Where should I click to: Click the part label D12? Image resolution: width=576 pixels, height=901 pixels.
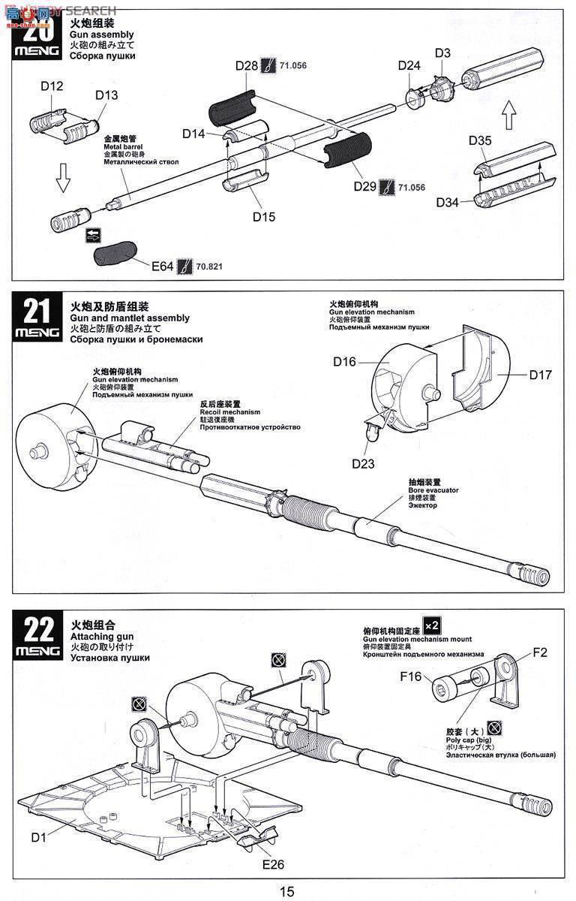52,86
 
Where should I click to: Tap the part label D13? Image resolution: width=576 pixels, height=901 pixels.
106,95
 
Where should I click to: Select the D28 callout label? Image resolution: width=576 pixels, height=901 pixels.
247,65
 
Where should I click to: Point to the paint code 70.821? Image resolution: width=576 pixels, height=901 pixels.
209,267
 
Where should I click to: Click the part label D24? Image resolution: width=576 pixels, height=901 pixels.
409,65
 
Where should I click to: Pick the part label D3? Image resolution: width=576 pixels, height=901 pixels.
442,53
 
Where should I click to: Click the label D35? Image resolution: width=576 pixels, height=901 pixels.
480,140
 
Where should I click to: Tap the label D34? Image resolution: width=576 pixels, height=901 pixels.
448,201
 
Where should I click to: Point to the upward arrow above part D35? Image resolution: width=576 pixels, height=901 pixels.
509,116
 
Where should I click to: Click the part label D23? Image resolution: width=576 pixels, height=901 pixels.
363,463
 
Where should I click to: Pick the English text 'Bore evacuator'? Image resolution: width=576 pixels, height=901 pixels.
433,490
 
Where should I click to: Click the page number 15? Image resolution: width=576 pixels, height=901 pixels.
287,891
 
